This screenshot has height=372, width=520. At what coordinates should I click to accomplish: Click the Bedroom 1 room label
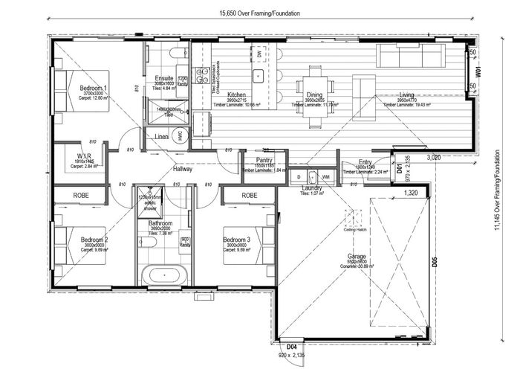click(94, 89)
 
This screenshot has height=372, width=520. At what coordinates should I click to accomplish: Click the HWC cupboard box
click(179, 136)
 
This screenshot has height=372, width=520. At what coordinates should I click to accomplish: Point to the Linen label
click(161, 137)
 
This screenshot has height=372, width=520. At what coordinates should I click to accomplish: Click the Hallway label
click(183, 169)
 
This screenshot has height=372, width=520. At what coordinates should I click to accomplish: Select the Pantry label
click(265, 160)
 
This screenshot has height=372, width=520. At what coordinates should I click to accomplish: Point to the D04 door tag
click(293, 345)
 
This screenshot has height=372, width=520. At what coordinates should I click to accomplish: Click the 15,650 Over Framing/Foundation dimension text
click(259, 13)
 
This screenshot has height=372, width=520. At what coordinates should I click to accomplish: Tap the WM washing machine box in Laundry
click(326, 176)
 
